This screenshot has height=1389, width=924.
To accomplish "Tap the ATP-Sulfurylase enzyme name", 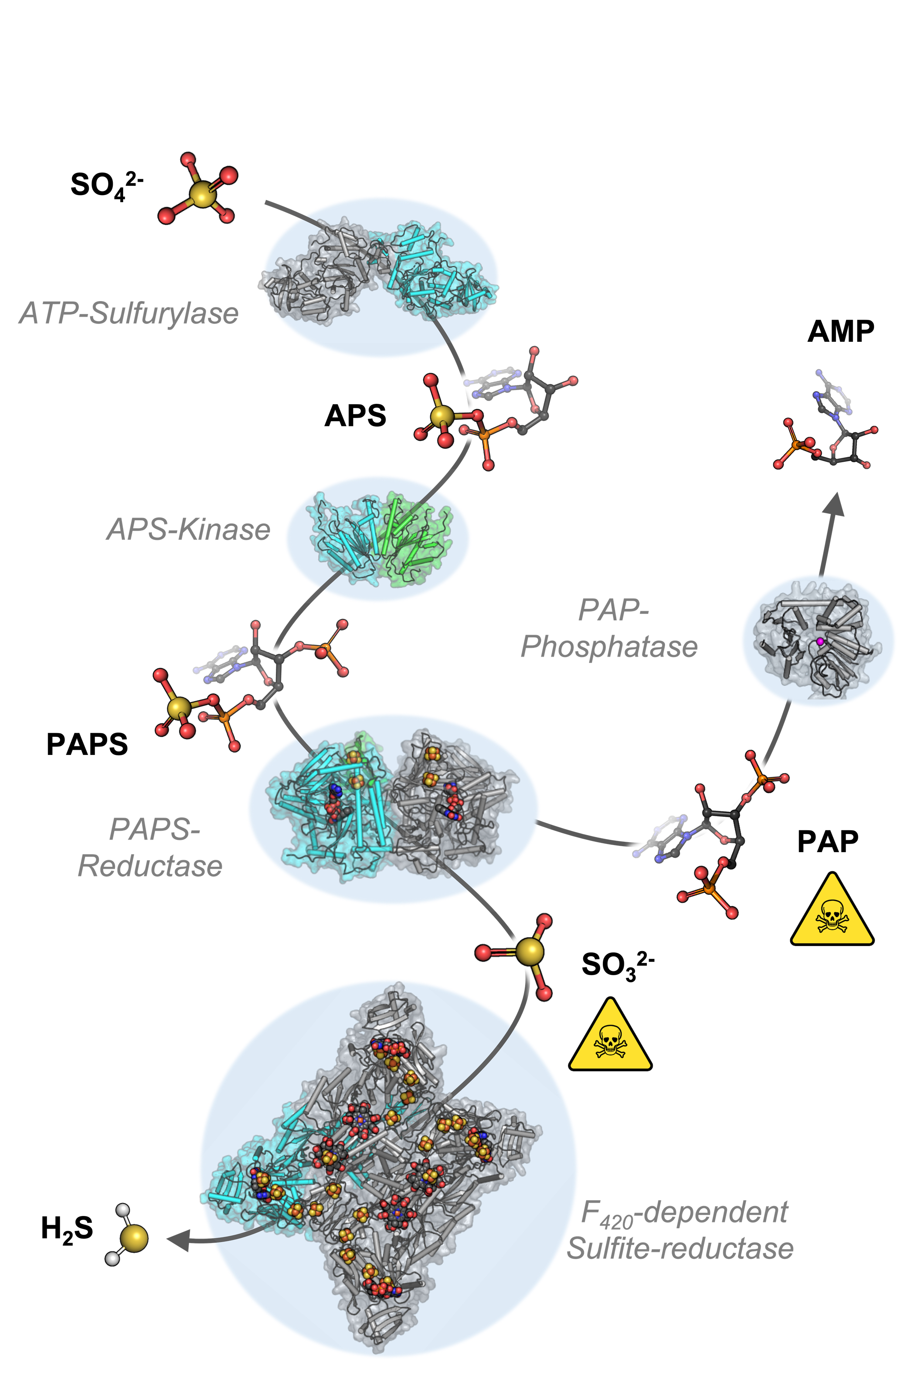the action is coord(129,313).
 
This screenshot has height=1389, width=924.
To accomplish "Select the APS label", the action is coord(355,416).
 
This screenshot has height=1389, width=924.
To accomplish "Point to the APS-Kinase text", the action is coord(188,529).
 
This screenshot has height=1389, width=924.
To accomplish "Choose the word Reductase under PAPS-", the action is coord(150,866).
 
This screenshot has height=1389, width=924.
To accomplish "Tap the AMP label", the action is coord(840,332).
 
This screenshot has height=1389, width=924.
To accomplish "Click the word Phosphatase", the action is coord(609,646).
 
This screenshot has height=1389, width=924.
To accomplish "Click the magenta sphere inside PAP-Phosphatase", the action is coord(820,641).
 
